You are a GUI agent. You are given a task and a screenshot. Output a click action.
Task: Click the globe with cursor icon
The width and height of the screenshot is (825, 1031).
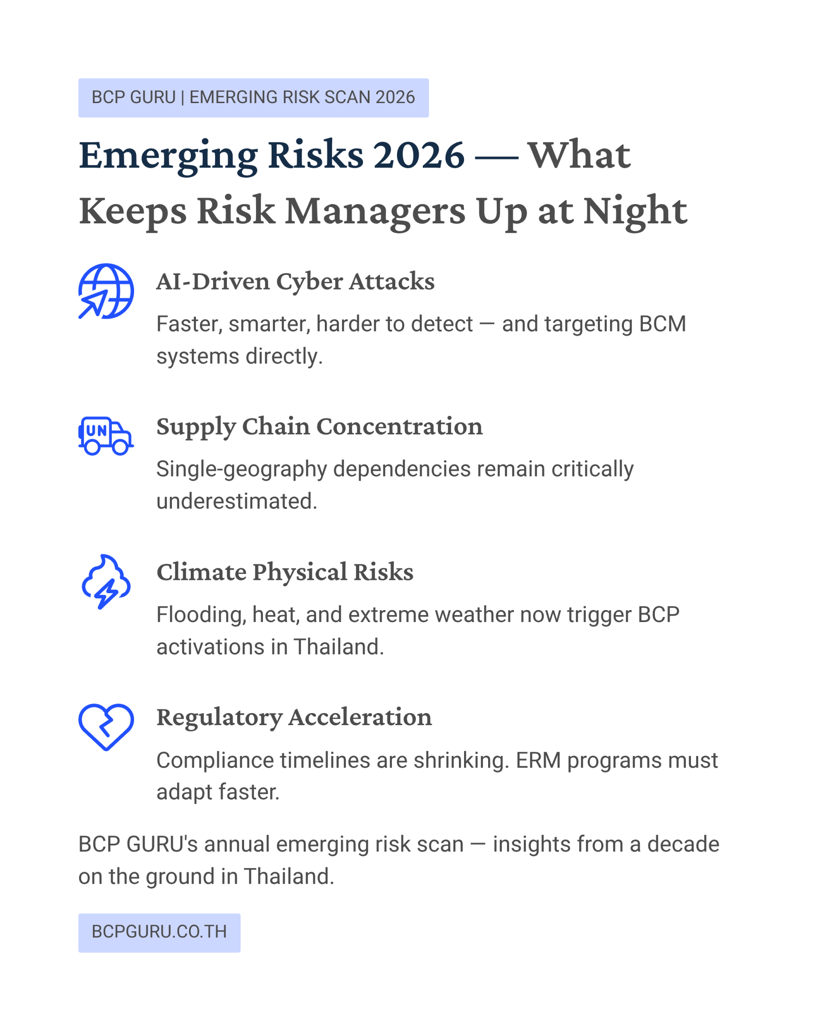pyautogui.click(x=106, y=291)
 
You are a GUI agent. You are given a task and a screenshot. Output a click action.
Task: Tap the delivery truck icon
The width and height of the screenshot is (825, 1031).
pyautogui.click(x=106, y=436)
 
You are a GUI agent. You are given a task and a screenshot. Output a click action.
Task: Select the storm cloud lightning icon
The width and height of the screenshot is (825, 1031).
pyautogui.click(x=106, y=582)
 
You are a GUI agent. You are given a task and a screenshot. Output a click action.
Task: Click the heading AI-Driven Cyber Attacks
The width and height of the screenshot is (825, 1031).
pyautogui.click(x=296, y=281)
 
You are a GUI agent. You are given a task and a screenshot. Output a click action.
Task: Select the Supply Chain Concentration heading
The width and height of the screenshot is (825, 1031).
pyautogui.click(x=320, y=427)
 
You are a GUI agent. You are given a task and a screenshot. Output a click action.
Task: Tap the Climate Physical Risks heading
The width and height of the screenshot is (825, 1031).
pyautogui.click(x=285, y=572)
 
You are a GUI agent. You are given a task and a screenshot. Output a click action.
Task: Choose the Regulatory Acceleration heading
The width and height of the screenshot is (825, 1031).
pyautogui.click(x=294, y=717)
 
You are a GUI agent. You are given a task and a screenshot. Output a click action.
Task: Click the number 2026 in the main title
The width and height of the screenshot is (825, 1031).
pyautogui.click(x=419, y=155)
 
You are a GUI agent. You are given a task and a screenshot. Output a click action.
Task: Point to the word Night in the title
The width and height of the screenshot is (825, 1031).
pyautogui.click(x=635, y=211)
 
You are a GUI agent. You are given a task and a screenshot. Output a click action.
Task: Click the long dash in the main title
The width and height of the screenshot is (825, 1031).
pyautogui.click(x=496, y=157)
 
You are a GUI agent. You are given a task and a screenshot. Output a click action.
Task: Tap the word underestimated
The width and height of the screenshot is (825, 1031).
pyautogui.click(x=237, y=501)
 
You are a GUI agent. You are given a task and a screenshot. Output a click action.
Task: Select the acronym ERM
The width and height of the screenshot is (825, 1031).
pyautogui.click(x=538, y=760)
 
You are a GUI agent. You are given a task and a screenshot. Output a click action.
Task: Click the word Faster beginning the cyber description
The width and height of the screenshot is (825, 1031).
pyautogui.click(x=189, y=324)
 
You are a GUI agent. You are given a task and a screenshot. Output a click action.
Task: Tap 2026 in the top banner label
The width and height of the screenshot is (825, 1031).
pyautogui.click(x=395, y=97)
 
